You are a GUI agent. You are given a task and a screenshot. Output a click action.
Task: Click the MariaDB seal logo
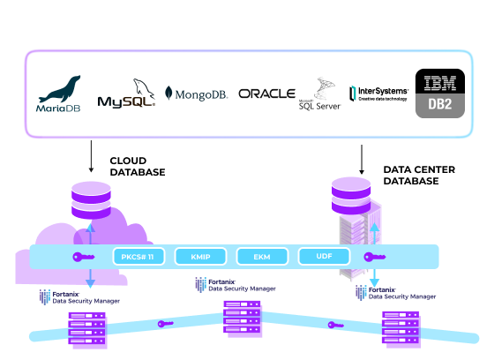[59, 94]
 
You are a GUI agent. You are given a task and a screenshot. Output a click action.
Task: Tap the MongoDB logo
[197, 94]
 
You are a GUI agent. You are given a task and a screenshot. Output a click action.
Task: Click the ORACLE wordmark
[266, 94]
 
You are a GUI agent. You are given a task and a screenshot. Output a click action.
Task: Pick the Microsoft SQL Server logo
[319, 94]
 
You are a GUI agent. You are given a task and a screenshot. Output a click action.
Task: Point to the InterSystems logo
[378, 94]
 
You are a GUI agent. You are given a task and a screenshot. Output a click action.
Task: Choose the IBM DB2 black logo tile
[440, 94]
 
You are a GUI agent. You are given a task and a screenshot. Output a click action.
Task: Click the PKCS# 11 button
[139, 257]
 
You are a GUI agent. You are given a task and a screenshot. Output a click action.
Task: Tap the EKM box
[262, 257]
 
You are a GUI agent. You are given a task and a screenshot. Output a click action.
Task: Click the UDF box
[324, 257]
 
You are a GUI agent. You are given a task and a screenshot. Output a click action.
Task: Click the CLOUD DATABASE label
[137, 167]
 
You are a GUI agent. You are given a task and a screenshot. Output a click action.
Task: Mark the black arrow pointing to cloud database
[91, 157]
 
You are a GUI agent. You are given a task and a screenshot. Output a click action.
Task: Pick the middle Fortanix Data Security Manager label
[233, 284]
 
